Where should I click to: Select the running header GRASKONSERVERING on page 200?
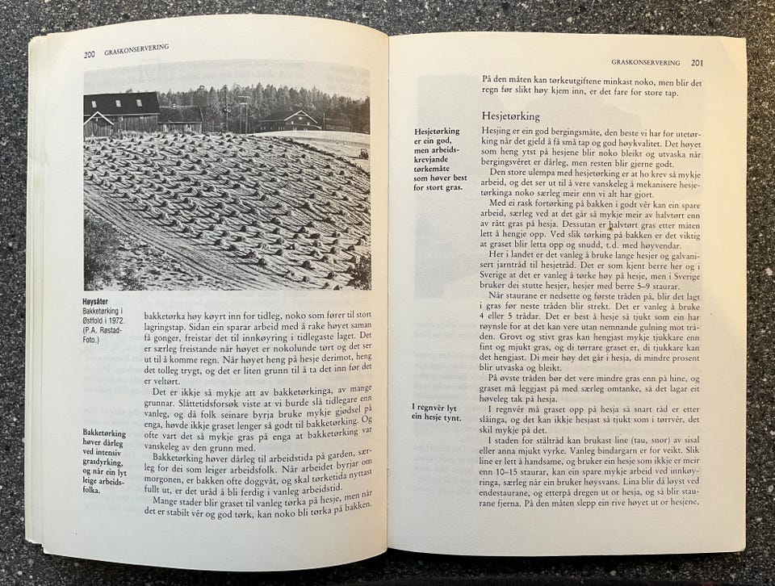(x=135, y=49)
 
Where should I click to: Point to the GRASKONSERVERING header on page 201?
(x=644, y=61)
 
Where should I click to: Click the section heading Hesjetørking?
(x=511, y=116)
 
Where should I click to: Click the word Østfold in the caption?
(x=99, y=321)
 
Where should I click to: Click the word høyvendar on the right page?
(x=651, y=244)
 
